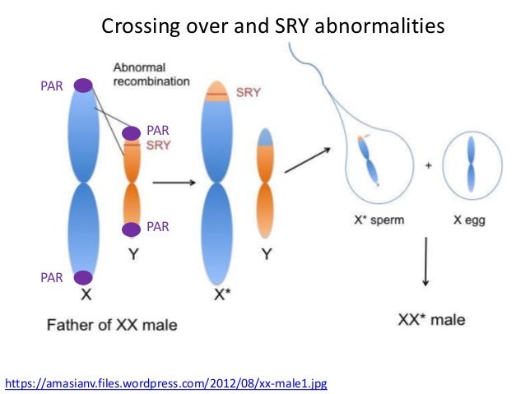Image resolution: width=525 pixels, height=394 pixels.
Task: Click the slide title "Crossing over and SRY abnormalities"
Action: [272, 26]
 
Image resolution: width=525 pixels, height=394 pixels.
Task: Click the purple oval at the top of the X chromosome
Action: [83, 85]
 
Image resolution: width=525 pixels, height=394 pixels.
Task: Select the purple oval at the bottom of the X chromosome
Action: [83, 279]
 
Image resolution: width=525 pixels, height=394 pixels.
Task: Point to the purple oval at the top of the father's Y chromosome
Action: [132, 132]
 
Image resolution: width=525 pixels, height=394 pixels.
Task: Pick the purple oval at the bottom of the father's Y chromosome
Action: [131, 229]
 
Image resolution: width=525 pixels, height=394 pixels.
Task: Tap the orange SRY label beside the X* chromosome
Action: [248, 93]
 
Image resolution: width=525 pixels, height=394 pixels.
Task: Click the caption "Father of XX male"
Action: [109, 324]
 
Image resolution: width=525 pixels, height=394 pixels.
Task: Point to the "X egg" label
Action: [469, 220]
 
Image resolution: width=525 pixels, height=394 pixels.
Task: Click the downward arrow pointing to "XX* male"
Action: [425, 263]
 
